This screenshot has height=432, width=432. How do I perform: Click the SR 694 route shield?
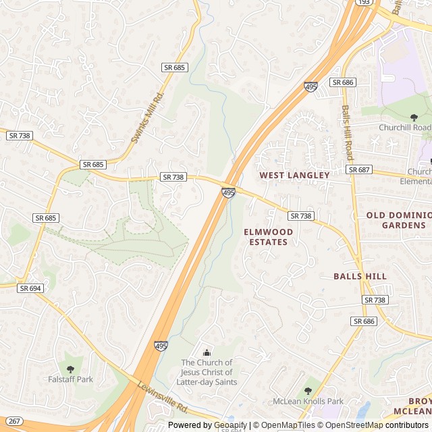click(x=31, y=288)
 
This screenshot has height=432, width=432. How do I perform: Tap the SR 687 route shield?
click(x=359, y=169)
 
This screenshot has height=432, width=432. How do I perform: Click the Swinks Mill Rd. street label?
click(x=147, y=118)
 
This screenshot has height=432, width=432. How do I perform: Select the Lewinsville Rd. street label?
click(x=163, y=396)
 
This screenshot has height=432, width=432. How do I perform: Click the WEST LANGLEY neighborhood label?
click(x=295, y=175)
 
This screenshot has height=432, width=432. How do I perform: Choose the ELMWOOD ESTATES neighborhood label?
click(x=268, y=237)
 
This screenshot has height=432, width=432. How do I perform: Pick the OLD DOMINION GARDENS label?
click(x=398, y=220)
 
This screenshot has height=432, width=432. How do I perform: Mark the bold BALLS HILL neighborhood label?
click(x=360, y=276)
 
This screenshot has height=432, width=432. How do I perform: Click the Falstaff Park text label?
click(x=70, y=379)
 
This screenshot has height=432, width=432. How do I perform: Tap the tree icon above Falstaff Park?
click(x=70, y=369)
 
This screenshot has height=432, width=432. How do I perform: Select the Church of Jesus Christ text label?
click(x=207, y=372)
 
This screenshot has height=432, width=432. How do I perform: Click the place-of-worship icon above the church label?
click(x=207, y=352)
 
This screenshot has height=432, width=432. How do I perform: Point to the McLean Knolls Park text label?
click(x=308, y=401)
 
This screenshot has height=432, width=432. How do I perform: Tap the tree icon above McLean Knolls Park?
click(x=308, y=390)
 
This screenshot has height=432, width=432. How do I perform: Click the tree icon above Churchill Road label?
click(x=414, y=117)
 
